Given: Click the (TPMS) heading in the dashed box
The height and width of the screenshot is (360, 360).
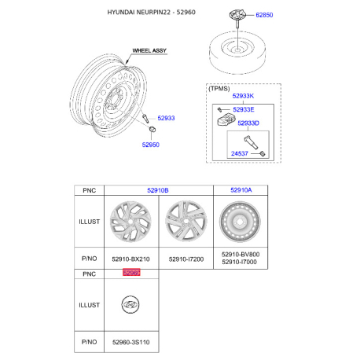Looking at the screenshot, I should (x=221, y=89).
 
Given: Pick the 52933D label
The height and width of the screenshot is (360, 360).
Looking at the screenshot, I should (x=248, y=123).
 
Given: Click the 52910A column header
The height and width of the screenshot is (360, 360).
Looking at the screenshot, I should (x=241, y=190).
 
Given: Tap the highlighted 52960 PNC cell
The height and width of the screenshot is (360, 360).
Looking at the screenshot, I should (x=131, y=273).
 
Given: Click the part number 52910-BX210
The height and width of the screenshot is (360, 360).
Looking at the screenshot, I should (x=131, y=259).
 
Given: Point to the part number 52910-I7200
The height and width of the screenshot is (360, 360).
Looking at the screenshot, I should (x=186, y=259).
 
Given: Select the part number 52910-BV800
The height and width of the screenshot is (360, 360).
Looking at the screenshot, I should (x=241, y=255).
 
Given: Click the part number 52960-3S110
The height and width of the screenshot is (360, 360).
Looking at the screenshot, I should (x=131, y=342).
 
